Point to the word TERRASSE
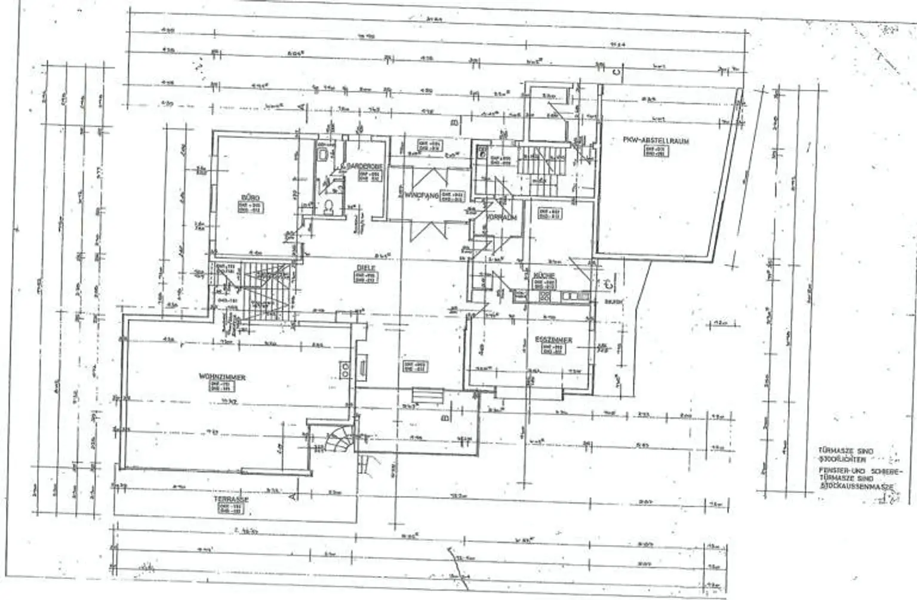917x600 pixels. coord(233,500)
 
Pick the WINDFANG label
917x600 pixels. coord(422,195)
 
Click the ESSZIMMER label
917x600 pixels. coord(553,340)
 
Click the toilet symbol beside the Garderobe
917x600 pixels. coord(328,207)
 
